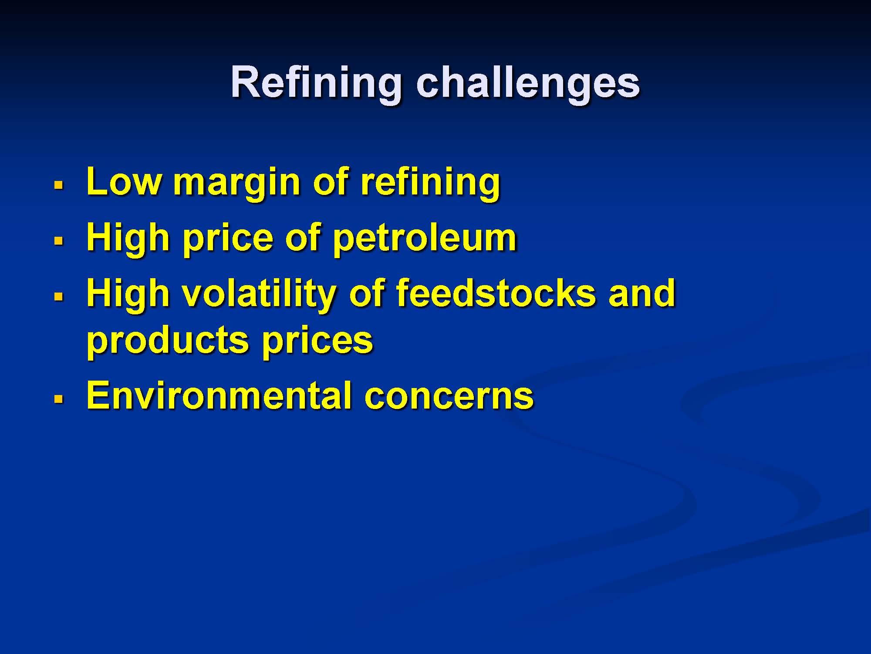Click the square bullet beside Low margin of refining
[59, 185]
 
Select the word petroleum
[424, 240]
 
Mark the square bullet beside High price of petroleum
[59, 240]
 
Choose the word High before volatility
[128, 296]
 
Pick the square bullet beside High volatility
[59, 296]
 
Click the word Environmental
[219, 395]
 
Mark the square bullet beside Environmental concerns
[59, 398]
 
